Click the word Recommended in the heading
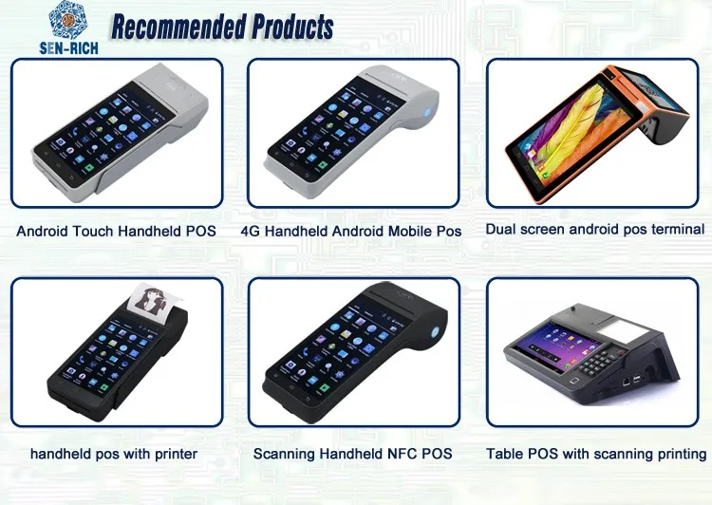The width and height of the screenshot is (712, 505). [x=177, y=26]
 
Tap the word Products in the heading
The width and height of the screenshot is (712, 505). [x=290, y=26]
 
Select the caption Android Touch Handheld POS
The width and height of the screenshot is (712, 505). [x=116, y=231]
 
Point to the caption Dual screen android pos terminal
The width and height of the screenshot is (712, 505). [x=595, y=229]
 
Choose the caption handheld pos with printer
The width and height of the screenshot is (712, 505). [x=114, y=454]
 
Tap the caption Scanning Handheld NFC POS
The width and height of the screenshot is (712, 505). [x=352, y=454]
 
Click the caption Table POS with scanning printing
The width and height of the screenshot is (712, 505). [x=596, y=454]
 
